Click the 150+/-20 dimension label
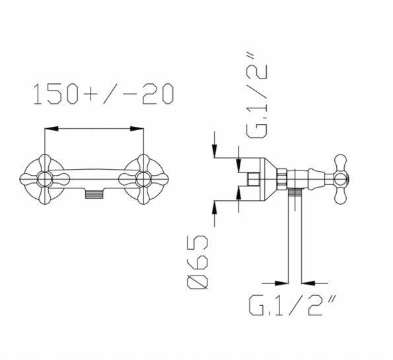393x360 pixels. coord(103,94)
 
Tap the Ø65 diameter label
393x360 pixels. coord(197,262)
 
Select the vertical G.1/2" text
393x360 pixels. coord(257,95)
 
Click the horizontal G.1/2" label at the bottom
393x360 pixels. coord(292,305)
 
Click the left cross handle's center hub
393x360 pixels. coord(45,179)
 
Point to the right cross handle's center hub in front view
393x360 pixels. coord(143,179)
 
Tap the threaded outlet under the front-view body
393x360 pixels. coord(94,194)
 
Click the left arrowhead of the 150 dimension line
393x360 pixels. coord(52,129)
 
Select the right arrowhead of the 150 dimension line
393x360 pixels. coord(137,129)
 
